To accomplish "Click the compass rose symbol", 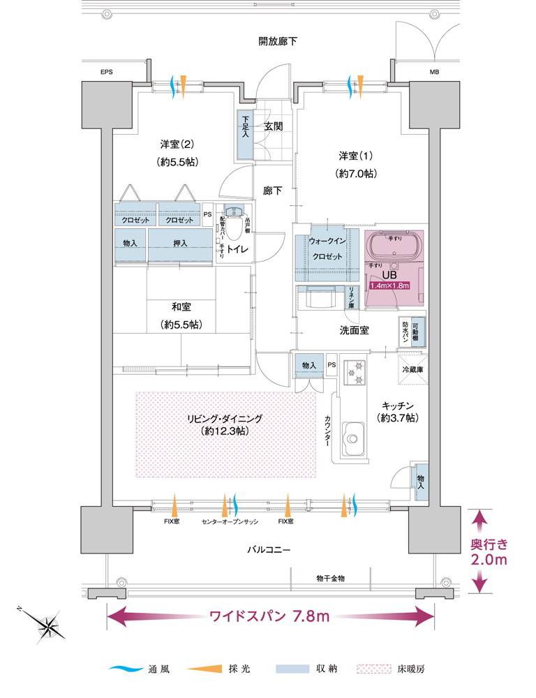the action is click(x=46, y=626).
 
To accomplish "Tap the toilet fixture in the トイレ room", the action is click(x=234, y=221).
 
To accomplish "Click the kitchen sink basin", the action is click(x=352, y=438).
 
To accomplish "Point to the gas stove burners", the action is click(x=355, y=373).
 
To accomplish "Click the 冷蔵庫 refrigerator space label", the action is click(x=413, y=369).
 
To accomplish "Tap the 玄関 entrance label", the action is click(x=274, y=126).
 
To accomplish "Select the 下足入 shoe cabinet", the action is click(x=245, y=135).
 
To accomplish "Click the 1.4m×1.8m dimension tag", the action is click(x=390, y=285).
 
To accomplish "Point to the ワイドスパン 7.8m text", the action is click(x=270, y=616).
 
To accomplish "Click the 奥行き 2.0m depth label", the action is click(x=489, y=551).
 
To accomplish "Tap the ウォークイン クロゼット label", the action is click(x=327, y=248).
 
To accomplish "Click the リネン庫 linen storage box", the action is click(x=352, y=297).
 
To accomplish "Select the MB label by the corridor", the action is click(x=435, y=72).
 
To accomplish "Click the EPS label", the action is click(x=106, y=72).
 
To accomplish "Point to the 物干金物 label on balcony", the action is click(x=330, y=578).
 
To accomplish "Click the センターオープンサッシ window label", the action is click(x=230, y=521).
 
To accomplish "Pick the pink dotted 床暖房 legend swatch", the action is click(x=374, y=669).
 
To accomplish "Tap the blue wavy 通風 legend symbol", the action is click(x=126, y=669).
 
